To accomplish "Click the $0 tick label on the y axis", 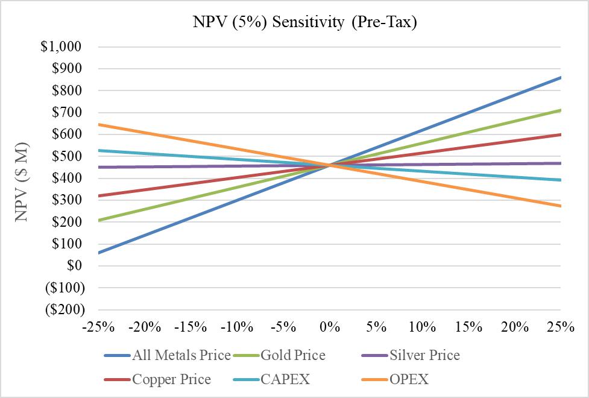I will pyautogui.click(x=75, y=265).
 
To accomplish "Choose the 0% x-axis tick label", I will pyautogui.click(x=330, y=327).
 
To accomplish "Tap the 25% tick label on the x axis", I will pyautogui.click(x=561, y=327).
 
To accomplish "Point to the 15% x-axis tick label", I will pyautogui.click(x=468, y=327).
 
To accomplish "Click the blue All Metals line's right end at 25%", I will pyautogui.click(x=561, y=77).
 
